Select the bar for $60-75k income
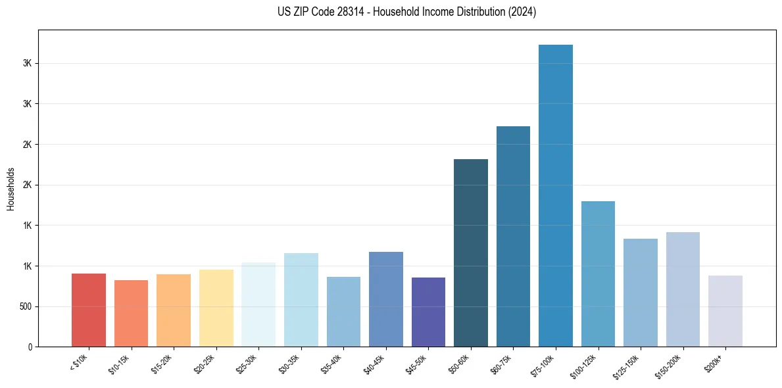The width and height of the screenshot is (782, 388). pyautogui.click(x=513, y=236)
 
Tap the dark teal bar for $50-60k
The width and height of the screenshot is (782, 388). pyautogui.click(x=471, y=253)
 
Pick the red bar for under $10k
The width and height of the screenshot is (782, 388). pyautogui.click(x=89, y=310)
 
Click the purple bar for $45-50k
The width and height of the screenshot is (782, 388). pyautogui.click(x=428, y=312)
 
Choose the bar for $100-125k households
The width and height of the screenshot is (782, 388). pyautogui.click(x=598, y=274)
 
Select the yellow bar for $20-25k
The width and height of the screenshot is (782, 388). pyautogui.click(x=216, y=308)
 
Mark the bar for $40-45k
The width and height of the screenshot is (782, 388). pyautogui.click(x=386, y=299)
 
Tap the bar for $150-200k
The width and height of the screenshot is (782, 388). pyautogui.click(x=683, y=289)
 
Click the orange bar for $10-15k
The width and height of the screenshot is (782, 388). pyautogui.click(x=131, y=313)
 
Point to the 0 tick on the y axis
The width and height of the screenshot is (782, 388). pyautogui.click(x=30, y=347)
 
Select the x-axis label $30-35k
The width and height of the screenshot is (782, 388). pyautogui.click(x=289, y=363)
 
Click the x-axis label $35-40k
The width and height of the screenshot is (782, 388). pyautogui.click(x=332, y=363)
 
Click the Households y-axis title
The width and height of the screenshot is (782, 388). pyautogui.click(x=11, y=189)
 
